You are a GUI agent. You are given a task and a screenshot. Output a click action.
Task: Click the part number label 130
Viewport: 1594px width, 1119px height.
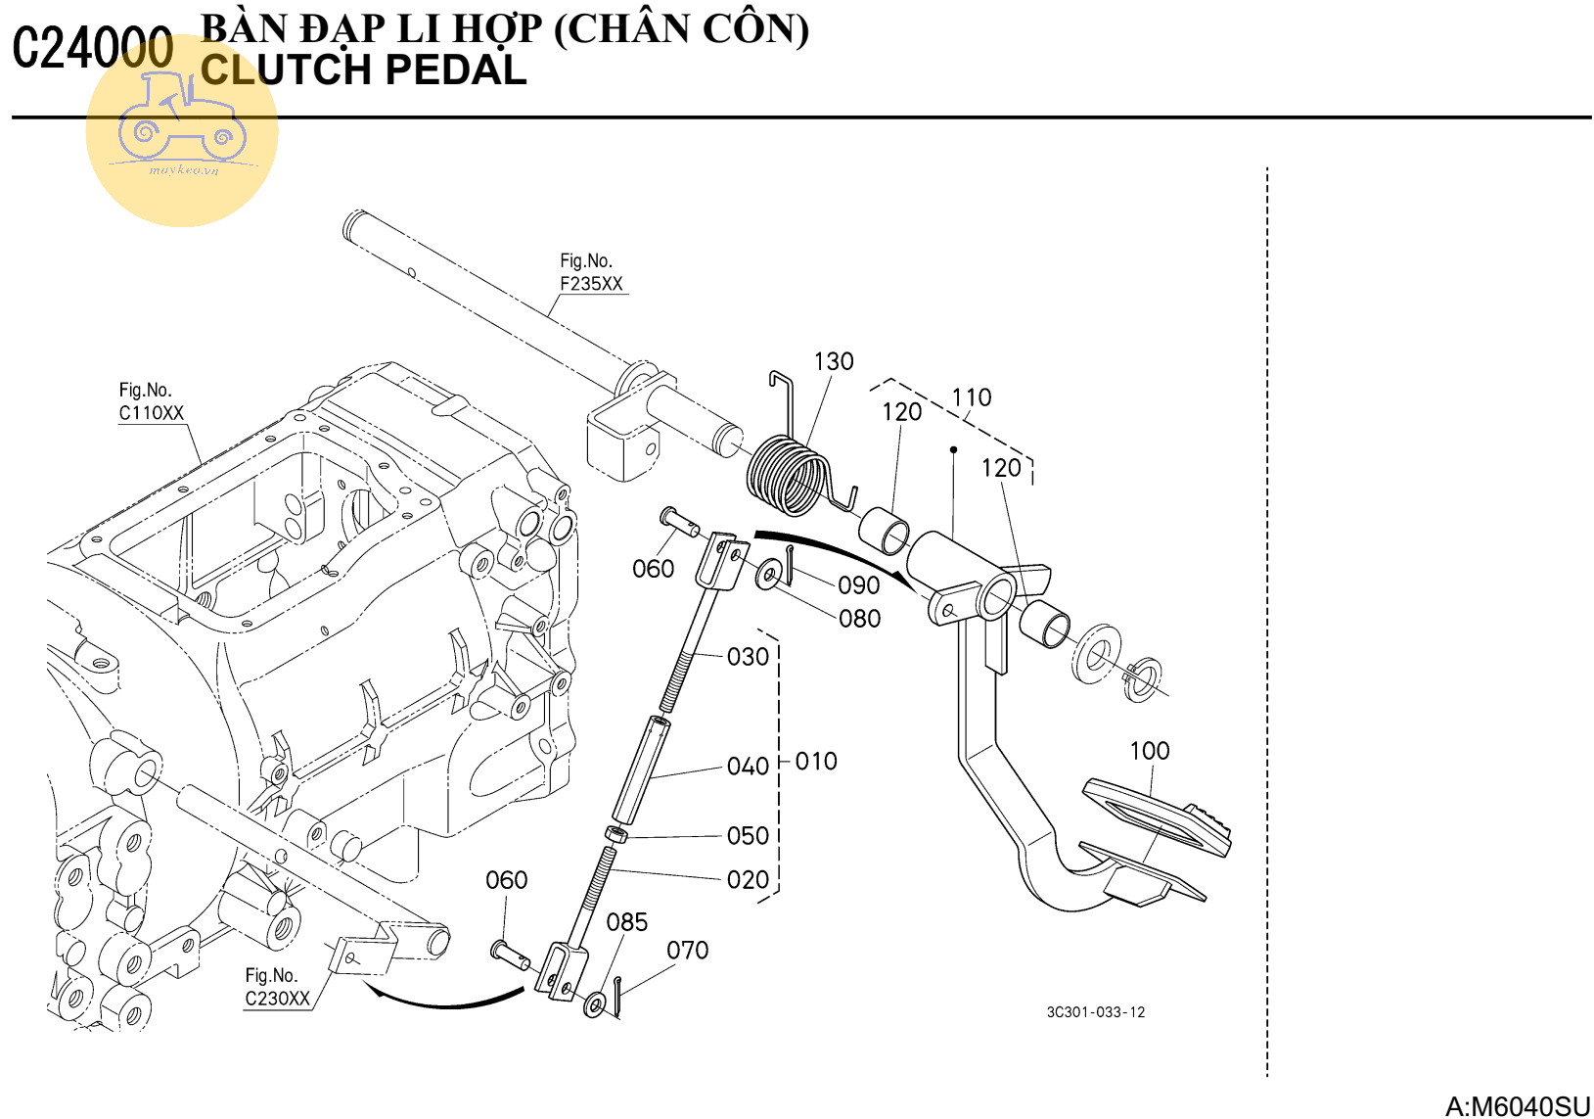834,362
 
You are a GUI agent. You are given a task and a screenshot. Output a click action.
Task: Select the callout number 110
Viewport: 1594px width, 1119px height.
971,397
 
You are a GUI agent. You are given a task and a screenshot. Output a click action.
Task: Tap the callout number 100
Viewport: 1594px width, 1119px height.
1149,751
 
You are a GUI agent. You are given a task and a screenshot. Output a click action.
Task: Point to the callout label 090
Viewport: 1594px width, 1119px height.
858,585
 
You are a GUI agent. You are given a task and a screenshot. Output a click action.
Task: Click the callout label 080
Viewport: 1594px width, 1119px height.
859,619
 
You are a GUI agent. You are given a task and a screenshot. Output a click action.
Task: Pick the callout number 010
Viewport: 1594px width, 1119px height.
815,762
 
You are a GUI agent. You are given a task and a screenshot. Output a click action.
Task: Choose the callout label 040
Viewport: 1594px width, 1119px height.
748,767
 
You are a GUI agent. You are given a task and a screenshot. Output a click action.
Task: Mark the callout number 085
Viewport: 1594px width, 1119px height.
626,922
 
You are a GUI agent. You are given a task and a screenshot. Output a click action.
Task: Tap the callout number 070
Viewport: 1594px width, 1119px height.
687,951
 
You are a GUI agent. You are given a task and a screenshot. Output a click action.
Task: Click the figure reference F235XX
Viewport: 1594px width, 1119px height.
591,284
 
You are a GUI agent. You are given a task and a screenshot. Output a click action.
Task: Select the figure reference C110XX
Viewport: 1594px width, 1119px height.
152,413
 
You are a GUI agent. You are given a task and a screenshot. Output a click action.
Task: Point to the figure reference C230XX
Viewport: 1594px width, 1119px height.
277,999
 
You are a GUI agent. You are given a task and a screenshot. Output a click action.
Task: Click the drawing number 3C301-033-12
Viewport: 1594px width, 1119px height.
1095,1012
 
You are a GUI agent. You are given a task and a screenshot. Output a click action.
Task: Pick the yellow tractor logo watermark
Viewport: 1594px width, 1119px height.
182,130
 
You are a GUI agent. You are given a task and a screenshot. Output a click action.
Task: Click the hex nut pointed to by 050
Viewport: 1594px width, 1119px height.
616,835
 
